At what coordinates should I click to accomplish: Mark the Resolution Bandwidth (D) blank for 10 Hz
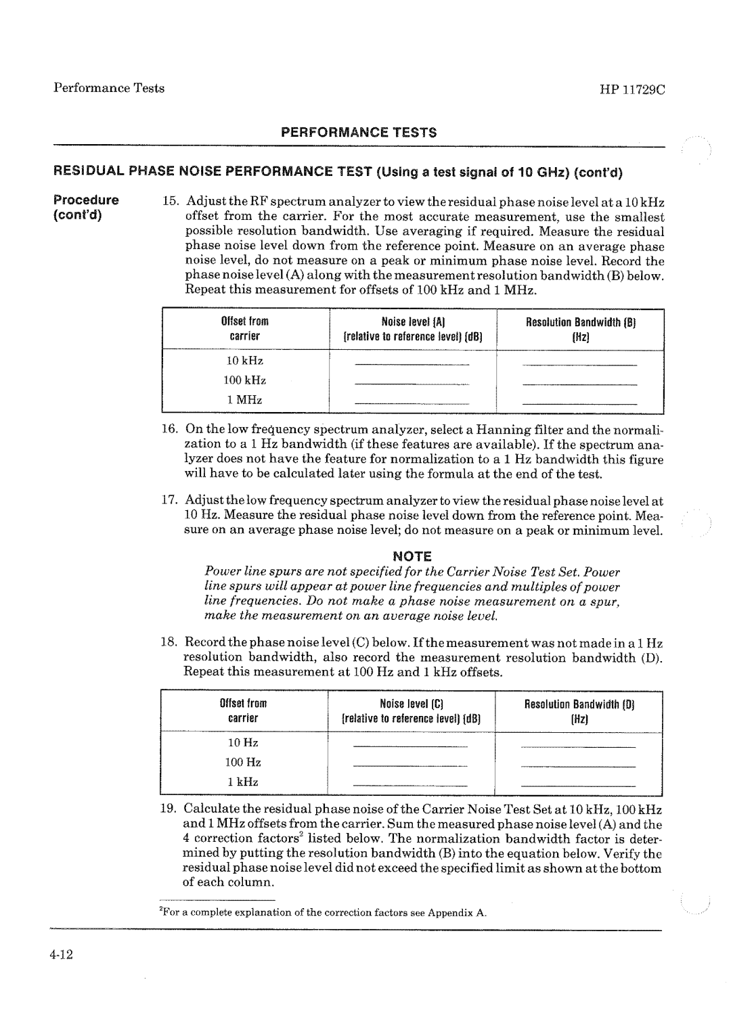579,746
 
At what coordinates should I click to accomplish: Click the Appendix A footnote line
324,913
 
